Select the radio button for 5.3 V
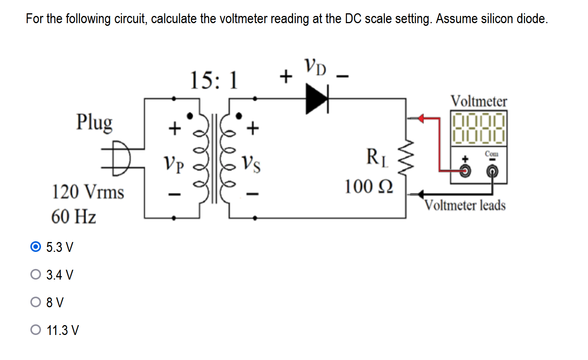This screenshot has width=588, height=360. click(x=35, y=247)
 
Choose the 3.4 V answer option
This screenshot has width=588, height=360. click(x=35, y=274)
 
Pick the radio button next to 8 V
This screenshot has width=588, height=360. click(x=35, y=302)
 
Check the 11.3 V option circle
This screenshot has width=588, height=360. click(x=35, y=330)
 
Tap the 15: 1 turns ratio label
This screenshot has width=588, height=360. click(x=214, y=80)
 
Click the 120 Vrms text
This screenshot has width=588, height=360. click(x=88, y=192)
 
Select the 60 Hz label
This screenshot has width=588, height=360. click(x=74, y=217)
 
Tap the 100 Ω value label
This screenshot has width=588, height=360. click(x=368, y=187)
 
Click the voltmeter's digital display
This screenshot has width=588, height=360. click(x=479, y=128)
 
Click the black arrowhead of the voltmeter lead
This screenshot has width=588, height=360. click(x=420, y=194)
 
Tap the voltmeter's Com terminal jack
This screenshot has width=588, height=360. click(x=492, y=172)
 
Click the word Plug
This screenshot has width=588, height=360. click(x=94, y=122)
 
